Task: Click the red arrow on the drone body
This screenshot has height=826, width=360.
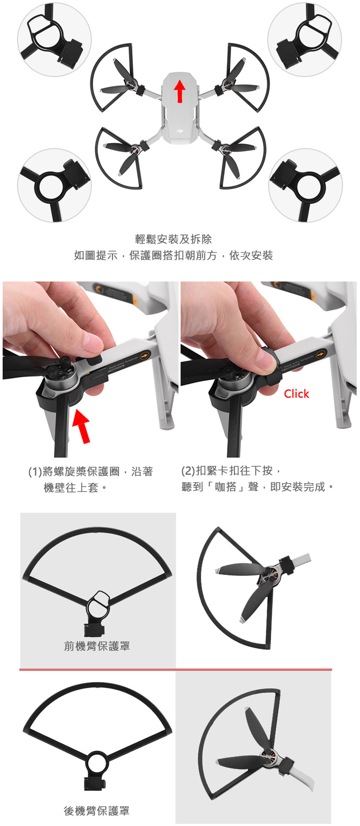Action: tap(180, 91)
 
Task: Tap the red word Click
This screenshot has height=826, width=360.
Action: tap(296, 394)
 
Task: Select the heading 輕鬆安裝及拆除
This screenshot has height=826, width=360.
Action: tap(173, 239)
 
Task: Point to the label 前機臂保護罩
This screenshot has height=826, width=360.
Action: tap(97, 646)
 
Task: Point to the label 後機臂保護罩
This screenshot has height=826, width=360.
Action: tap(97, 811)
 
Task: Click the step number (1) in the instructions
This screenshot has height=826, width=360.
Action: tap(35, 472)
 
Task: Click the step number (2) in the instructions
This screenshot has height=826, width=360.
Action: tap(189, 471)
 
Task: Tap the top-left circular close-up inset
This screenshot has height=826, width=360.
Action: tap(54, 38)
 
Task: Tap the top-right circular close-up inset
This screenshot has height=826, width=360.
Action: tap(305, 38)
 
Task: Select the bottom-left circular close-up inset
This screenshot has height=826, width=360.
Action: tap(54, 185)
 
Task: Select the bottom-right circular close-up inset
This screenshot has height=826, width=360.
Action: tap(306, 185)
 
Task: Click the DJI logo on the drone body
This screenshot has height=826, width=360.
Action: tap(180, 129)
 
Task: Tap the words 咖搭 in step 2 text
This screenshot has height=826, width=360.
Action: tap(226, 487)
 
